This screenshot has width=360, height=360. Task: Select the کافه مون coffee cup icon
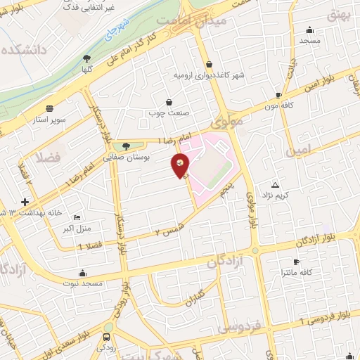tap(279, 95)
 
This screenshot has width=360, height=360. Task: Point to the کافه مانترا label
tap(295, 271)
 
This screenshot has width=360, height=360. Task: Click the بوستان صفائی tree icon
tap(125, 146)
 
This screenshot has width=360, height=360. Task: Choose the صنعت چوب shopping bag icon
tap(169, 102)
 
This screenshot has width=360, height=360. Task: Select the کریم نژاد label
tap(275, 193)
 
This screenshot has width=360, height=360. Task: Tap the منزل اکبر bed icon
tap(77, 218)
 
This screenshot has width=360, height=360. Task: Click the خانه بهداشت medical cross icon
tap(25, 202)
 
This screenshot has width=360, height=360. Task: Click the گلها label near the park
tap(86, 70)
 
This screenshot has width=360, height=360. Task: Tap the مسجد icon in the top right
tap(309, 30)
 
